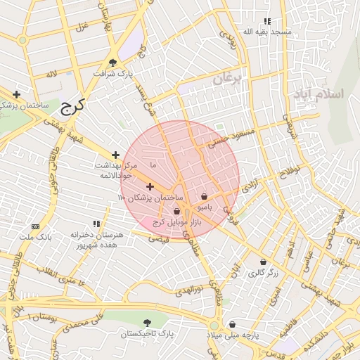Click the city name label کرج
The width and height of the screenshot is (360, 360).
(x=71, y=106)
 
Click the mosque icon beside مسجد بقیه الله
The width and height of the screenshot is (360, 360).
(x=266, y=22)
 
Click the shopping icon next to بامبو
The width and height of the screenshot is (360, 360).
(x=204, y=197)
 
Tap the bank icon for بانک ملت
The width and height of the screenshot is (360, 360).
(x=36, y=226)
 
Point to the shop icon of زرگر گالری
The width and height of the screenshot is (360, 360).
(x=262, y=262)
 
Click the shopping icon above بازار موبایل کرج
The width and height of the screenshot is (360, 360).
(x=176, y=211)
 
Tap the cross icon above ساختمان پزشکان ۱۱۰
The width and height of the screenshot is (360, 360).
(x=150, y=186)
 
